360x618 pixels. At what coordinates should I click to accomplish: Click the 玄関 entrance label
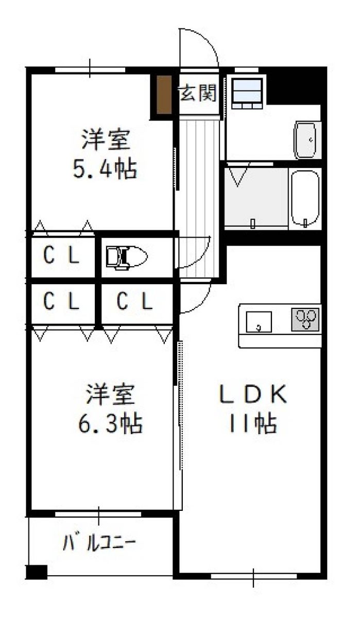(x=198, y=93)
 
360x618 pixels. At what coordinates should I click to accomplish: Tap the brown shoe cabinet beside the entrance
(x=164, y=94)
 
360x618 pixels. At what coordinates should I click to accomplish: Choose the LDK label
(x=253, y=394)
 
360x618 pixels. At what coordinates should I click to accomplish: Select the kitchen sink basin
(x=259, y=322)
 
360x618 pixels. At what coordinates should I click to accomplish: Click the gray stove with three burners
(x=305, y=319)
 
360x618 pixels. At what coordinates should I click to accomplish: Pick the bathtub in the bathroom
(x=305, y=198)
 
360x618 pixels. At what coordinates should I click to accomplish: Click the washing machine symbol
(x=247, y=94)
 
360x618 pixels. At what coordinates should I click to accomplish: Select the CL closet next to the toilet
(x=62, y=255)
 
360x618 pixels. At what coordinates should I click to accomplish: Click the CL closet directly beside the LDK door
(x=135, y=301)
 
